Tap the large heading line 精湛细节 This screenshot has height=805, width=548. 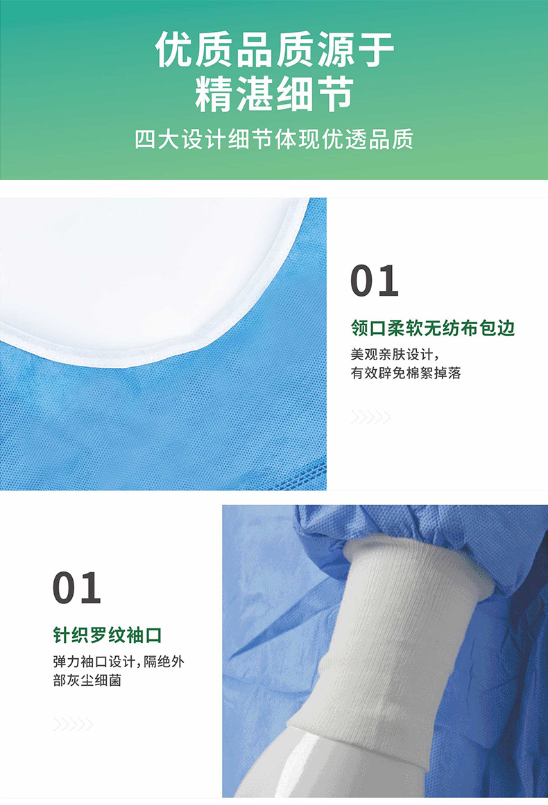coord(274,94)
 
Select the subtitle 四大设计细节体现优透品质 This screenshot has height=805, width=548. coord(274,139)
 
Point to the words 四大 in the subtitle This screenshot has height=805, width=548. coord(152,139)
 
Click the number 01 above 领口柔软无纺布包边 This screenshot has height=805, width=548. coord(375,281)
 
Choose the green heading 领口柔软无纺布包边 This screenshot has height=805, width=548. coord(433,328)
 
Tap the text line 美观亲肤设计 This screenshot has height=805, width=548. coord(395,354)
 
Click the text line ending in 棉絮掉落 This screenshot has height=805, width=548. coord(406,373)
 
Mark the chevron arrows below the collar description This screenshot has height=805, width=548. coord(370,417)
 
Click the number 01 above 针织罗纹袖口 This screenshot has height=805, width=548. coord(77,587)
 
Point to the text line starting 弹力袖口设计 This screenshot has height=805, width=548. coord(119,661)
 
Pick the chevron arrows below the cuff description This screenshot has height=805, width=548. coord(73,724)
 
